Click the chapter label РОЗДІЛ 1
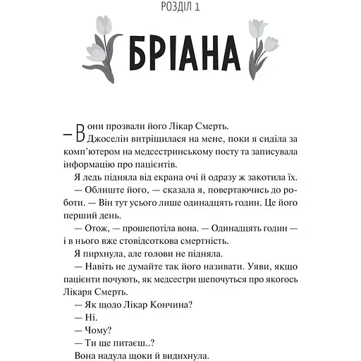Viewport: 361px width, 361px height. click(x=180, y=8)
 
